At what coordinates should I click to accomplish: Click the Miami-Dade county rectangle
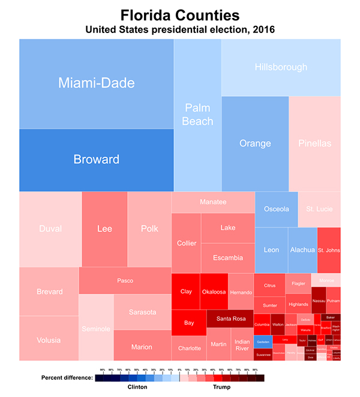coord(96,83)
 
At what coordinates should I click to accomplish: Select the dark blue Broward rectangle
coord(96,159)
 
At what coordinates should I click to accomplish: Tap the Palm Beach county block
coord(197,114)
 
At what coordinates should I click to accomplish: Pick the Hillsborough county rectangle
coord(281,67)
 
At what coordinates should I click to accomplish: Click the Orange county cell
coord(255,144)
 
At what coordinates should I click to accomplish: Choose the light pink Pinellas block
coord(314,144)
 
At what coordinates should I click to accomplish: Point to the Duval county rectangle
coord(50,229)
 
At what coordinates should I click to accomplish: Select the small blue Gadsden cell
coord(263,341)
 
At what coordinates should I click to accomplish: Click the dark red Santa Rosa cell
coord(230,318)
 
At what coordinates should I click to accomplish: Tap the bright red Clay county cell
coord(186,291)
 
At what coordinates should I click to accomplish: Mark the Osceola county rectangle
coord(277,209)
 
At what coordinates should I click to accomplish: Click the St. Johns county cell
coord(328,250)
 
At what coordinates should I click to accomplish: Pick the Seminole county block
coord(96,328)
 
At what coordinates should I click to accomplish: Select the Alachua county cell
coord(302,250)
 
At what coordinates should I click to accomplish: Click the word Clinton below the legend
coord(137,387)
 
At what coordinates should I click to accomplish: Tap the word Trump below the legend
coord(222,387)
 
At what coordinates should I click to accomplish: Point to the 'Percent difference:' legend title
coord(67,378)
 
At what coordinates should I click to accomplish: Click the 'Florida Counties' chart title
coord(179,14)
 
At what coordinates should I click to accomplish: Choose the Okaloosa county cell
coord(214,291)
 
